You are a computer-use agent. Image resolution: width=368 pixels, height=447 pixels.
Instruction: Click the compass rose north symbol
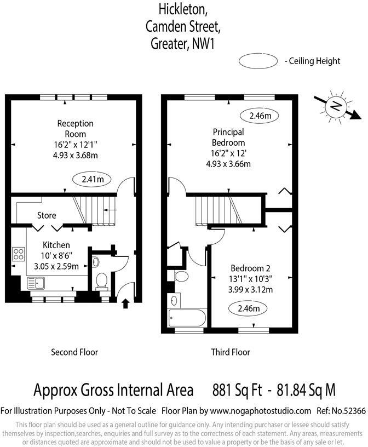(x=336, y=107)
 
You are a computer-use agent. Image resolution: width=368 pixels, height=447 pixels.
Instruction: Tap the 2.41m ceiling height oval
(x=92, y=179)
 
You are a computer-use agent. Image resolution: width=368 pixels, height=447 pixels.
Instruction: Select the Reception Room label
(x=76, y=129)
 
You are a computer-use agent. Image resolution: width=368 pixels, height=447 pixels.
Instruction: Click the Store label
(x=47, y=215)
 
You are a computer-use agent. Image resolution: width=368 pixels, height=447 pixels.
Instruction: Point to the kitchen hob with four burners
(x=19, y=254)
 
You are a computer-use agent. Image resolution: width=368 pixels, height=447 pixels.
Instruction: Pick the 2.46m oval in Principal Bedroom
(x=260, y=116)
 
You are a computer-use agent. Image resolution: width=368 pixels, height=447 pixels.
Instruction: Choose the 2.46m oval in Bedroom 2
(x=248, y=308)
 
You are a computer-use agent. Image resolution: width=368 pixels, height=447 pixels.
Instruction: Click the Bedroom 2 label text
(x=250, y=268)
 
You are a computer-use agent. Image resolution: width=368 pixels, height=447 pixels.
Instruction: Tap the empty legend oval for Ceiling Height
(x=258, y=61)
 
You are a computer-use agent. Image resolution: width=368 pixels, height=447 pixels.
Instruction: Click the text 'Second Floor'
(x=74, y=352)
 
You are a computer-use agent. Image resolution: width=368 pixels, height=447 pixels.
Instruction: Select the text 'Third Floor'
(x=231, y=352)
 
